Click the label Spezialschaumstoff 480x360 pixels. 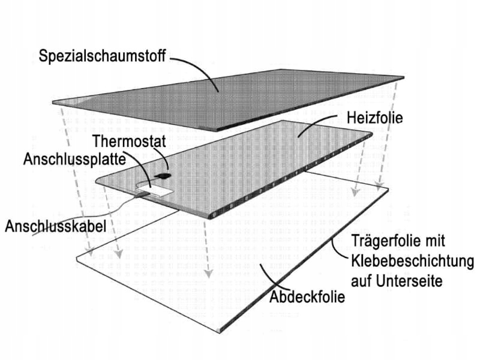(x=103, y=57)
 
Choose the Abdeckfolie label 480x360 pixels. (x=308, y=297)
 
